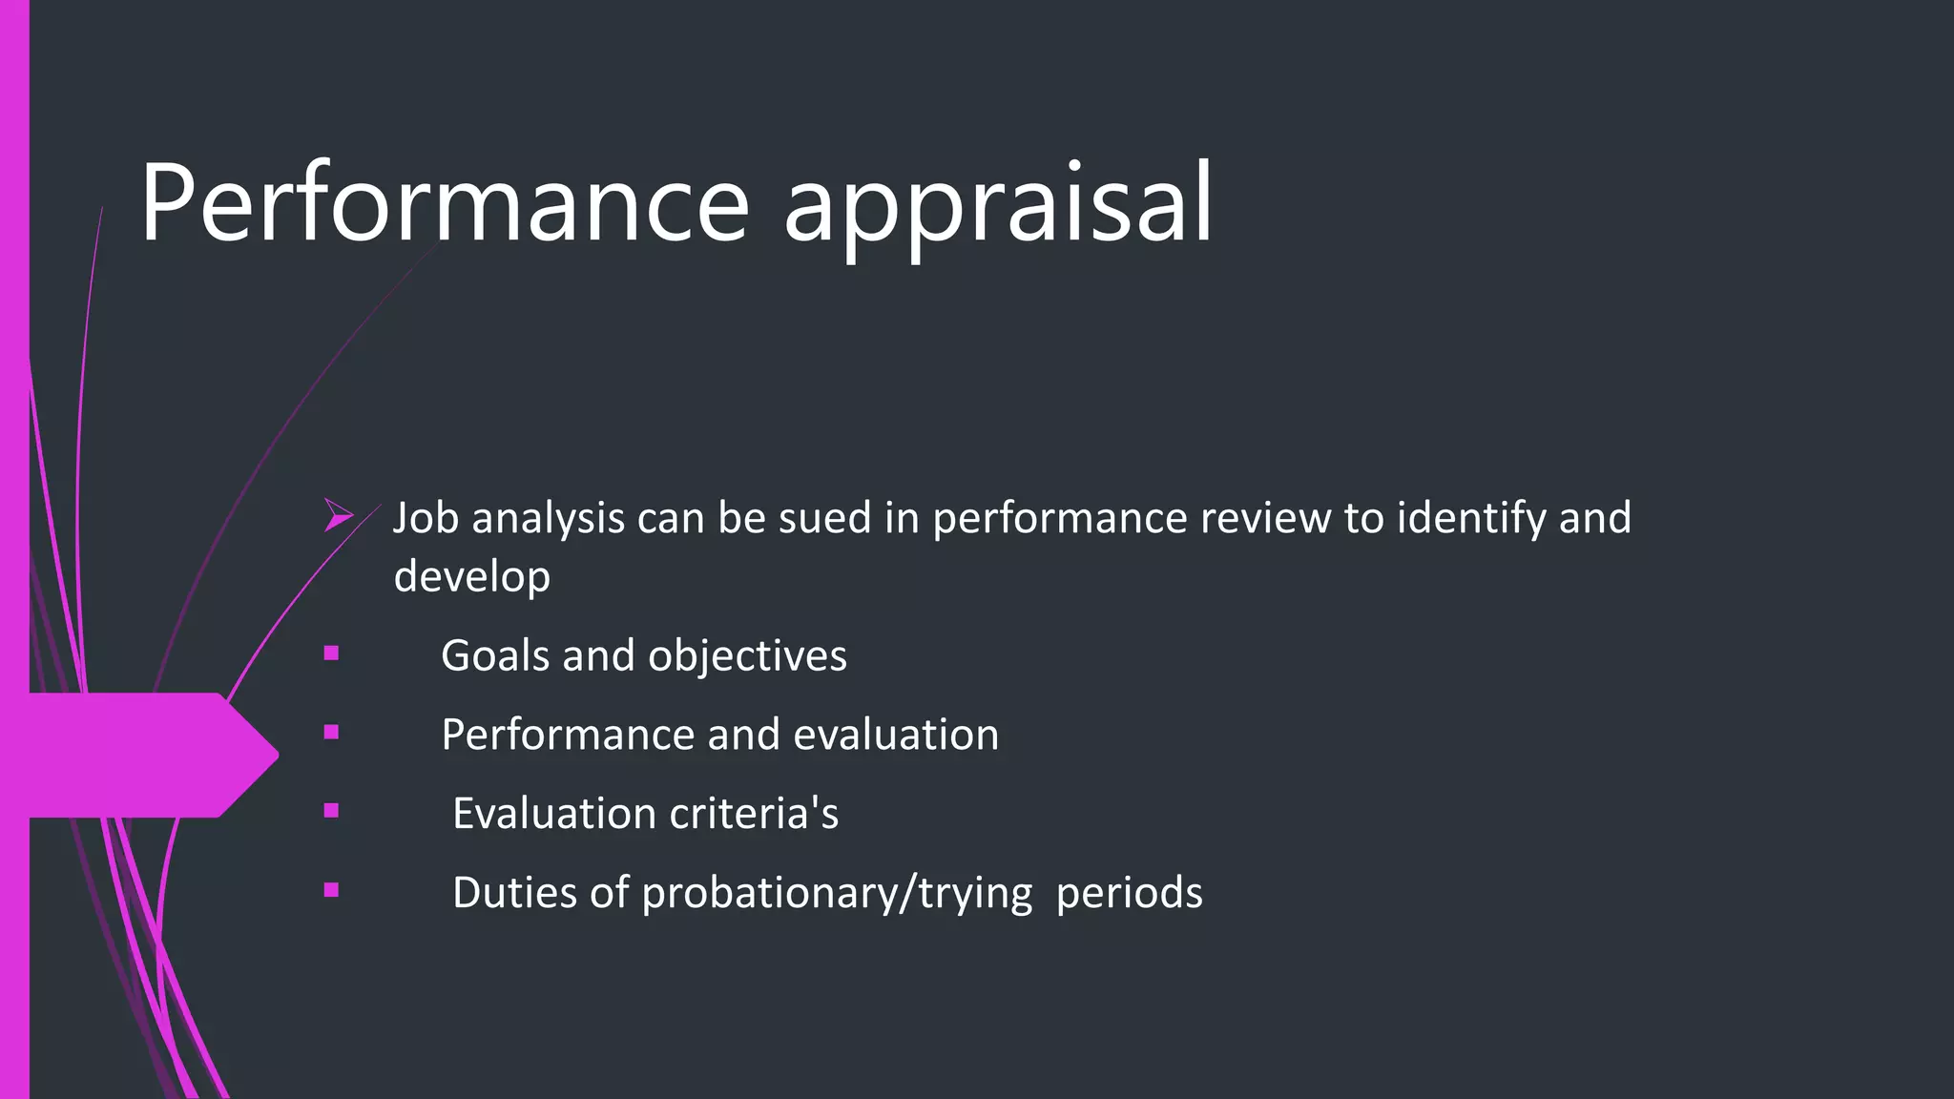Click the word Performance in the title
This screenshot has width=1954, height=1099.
click(445, 203)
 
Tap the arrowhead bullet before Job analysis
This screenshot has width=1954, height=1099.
click(338, 515)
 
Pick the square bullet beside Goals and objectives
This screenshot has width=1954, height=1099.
click(331, 653)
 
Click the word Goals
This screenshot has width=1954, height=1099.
click(495, 655)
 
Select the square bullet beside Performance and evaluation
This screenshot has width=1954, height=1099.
click(331, 733)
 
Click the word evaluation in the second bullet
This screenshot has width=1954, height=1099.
click(896, 735)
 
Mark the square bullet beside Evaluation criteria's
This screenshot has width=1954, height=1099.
click(331, 811)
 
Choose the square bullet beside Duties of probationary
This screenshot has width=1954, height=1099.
click(331, 890)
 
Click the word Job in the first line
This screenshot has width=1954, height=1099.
click(426, 518)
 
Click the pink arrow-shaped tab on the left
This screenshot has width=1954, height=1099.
click(143, 755)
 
